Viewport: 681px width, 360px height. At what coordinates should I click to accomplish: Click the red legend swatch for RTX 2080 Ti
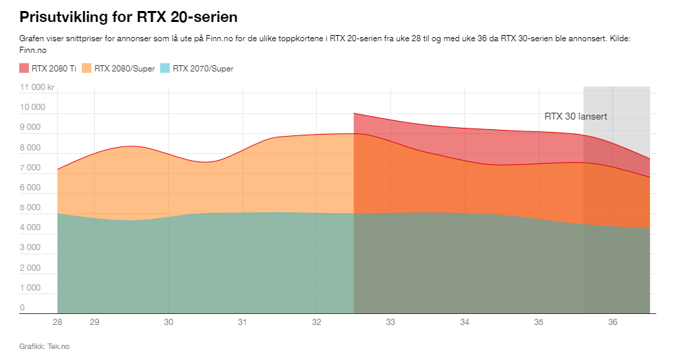25,68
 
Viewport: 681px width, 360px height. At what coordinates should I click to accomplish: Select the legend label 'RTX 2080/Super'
124,68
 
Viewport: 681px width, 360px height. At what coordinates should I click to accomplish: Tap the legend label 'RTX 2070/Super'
203,68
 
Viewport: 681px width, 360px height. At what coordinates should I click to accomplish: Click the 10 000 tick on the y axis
32,107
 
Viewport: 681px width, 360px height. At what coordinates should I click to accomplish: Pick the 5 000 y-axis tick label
30,207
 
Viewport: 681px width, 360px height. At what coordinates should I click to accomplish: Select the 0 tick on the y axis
23,308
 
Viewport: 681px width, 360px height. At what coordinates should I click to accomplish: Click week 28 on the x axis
58,322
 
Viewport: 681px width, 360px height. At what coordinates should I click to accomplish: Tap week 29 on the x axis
95,322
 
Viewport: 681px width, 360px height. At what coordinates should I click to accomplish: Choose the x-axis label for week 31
243,322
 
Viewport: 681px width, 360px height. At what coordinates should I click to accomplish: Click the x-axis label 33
390,322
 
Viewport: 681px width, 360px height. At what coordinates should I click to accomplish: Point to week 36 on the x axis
613,322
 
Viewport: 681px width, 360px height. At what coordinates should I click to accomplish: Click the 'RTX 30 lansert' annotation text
575,116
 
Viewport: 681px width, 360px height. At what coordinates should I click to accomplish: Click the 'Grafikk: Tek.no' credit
44,346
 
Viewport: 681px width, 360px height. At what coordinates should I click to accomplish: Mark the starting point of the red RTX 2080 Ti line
354,113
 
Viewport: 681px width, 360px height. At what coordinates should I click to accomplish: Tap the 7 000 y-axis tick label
30,168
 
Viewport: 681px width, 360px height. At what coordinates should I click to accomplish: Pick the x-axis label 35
539,322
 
